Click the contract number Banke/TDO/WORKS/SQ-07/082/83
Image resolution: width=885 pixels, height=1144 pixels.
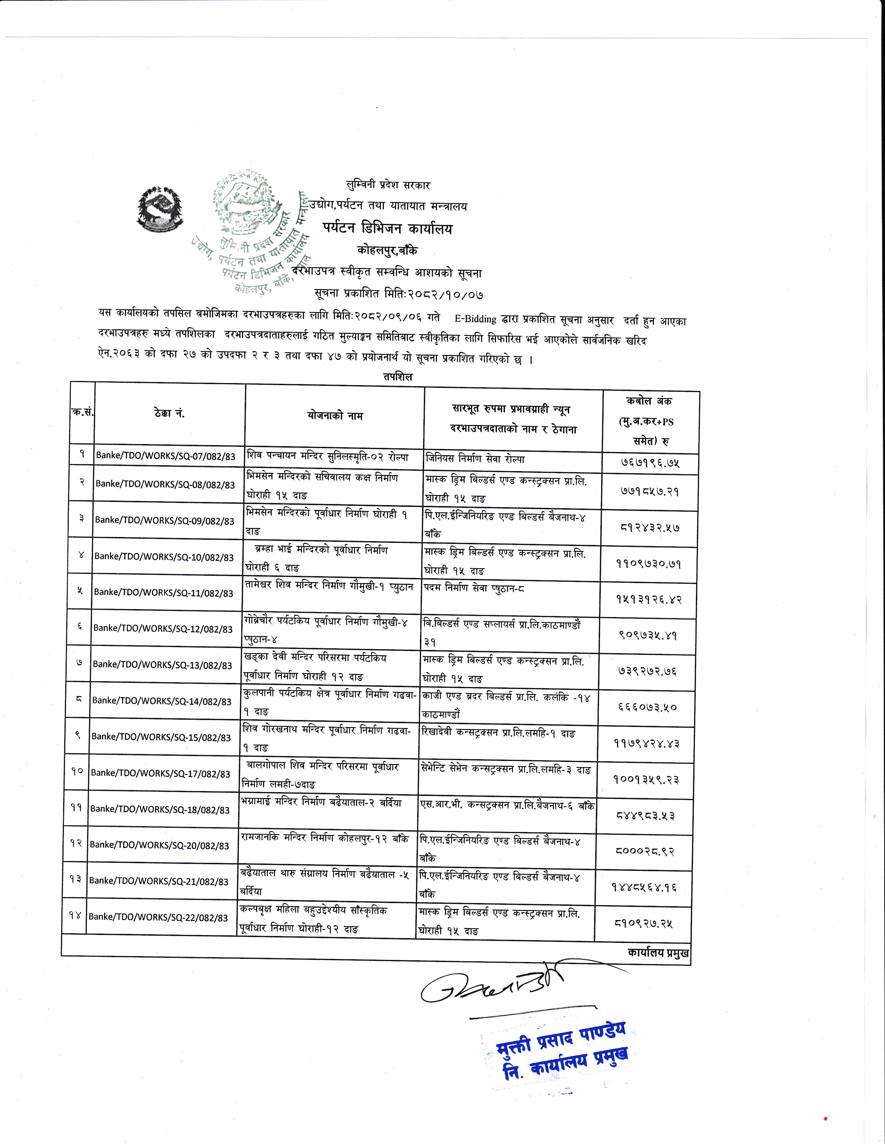166,456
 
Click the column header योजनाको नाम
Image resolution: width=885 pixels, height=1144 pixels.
335,416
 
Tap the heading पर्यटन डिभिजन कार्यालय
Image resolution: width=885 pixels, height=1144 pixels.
387,228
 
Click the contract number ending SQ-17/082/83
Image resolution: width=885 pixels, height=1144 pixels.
160,774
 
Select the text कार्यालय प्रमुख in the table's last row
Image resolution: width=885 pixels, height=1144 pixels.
658,953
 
